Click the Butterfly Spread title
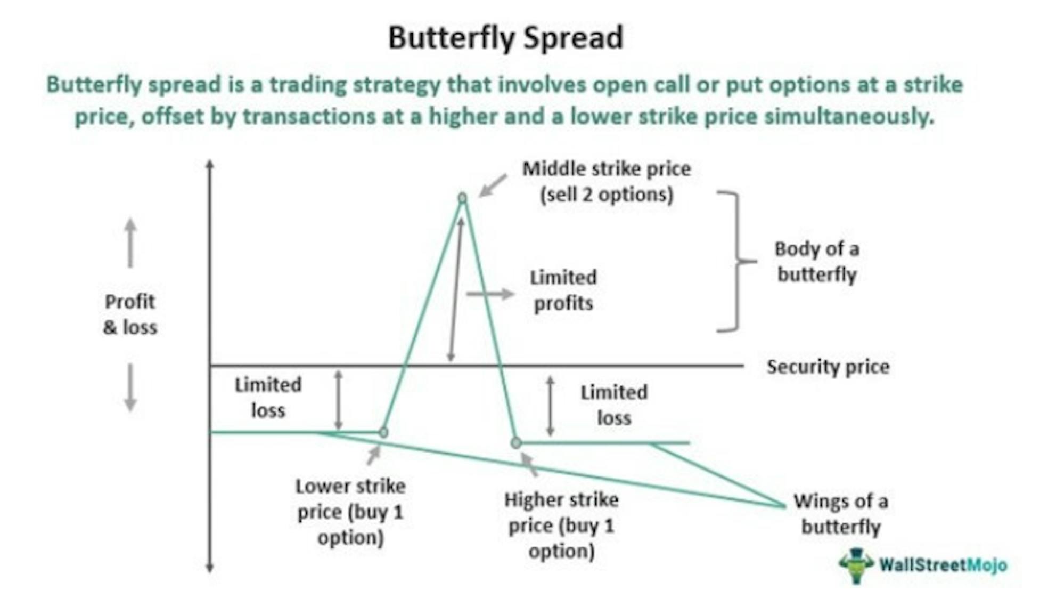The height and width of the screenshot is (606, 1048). coord(505,38)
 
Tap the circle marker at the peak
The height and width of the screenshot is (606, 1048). coord(462,198)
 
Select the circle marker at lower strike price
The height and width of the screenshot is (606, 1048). coord(383,432)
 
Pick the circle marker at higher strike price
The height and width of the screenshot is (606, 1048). coord(515,442)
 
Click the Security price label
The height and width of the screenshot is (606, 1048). coord(828,367)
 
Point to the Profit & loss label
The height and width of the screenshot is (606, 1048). coord(130,314)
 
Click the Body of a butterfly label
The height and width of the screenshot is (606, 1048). coord(816,262)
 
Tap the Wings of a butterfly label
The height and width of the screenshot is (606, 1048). coord(840,514)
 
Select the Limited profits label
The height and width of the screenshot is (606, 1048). coord(563,290)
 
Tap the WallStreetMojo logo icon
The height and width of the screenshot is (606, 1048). coord(856,565)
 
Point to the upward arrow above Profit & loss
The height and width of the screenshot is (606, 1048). coord(130,243)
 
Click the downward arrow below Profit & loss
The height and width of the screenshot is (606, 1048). coord(130,387)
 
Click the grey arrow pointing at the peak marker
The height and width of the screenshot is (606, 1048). coord(493,185)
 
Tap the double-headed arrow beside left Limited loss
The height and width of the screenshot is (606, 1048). coord(338,400)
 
